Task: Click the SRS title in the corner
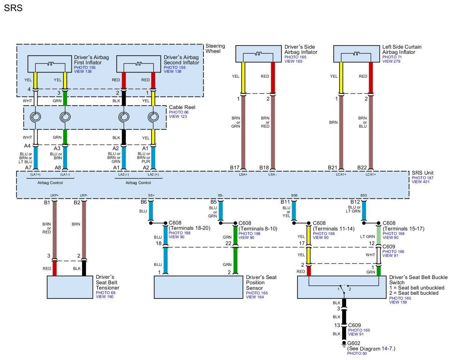[13, 8]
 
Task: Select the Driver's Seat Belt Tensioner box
[70, 287]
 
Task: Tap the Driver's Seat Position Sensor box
[198, 287]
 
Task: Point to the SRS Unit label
[422, 173]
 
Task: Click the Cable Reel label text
[182, 107]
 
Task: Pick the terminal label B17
[235, 167]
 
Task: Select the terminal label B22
[362, 167]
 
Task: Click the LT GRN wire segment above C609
[379, 235]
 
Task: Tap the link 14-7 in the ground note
[387, 349]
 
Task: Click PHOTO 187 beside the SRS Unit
[423, 178]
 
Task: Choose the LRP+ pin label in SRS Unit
[54, 195]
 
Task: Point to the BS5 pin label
[364, 195]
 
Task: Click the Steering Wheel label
[215, 48]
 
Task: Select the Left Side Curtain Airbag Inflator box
[356, 54]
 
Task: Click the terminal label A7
[28, 167]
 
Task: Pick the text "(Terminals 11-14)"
[334, 228]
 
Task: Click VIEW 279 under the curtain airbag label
[391, 61]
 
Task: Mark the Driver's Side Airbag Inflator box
[258, 54]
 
